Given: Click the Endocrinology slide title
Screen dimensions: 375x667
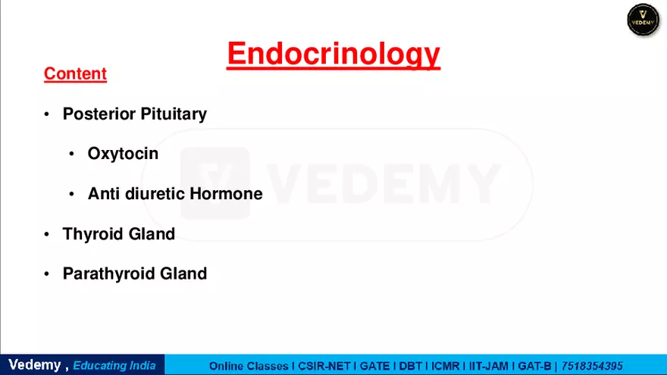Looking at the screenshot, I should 333,54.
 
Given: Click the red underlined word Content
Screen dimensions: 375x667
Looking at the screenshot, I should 75,73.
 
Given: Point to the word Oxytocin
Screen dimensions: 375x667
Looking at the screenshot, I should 123,154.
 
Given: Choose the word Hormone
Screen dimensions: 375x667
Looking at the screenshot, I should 226,194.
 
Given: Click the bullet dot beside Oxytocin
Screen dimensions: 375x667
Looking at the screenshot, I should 71,155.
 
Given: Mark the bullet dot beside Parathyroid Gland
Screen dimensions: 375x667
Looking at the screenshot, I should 46,274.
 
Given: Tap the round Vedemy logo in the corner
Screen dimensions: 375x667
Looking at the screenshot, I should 643,20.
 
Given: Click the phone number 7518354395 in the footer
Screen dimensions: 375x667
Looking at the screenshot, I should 592,366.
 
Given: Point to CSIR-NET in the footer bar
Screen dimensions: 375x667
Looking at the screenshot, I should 324,366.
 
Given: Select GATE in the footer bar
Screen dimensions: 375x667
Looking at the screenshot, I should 375,366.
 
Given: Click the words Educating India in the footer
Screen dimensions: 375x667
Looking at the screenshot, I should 114,366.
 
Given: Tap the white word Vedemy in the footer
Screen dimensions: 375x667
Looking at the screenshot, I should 34,365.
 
